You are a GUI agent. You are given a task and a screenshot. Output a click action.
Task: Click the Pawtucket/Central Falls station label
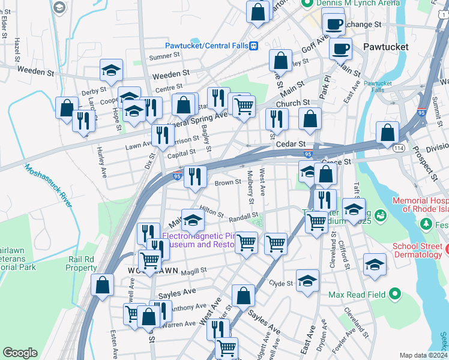pyautogui.click(x=207, y=46)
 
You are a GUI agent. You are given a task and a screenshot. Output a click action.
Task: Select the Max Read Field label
pyautogui.click(x=357, y=295)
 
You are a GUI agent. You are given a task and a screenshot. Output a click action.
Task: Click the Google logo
pyautogui.click(x=20, y=353)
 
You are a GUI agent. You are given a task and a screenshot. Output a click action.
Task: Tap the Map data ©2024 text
pyautogui.click(x=423, y=355)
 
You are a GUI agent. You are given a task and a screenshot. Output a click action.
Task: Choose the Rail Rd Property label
pyautogui.click(x=82, y=263)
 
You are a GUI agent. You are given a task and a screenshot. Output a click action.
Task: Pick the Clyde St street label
pyautogui.click(x=280, y=283)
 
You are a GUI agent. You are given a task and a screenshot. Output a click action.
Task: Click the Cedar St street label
pyautogui.click(x=291, y=145)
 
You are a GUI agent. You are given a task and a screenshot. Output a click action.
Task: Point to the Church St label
pyautogui.click(x=292, y=103)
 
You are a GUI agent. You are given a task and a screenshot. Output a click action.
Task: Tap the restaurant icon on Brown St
pyautogui.click(x=194, y=175)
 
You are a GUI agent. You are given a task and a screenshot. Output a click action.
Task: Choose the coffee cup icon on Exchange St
pyautogui.click(x=333, y=25)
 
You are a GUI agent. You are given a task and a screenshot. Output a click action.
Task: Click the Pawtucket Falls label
pyautogui.click(x=377, y=86)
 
